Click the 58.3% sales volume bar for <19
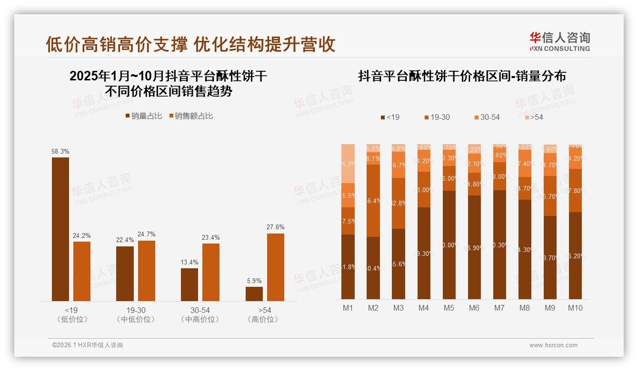click(x=60, y=229)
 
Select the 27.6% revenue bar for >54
click(x=275, y=267)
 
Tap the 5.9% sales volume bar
click(x=254, y=293)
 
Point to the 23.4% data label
click(x=211, y=237)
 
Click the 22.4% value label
click(x=125, y=240)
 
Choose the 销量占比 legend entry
click(x=144, y=116)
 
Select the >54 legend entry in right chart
click(x=534, y=117)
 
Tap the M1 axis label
click(x=348, y=308)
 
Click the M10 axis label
click(x=575, y=308)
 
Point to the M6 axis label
click(x=474, y=308)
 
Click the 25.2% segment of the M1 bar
click(x=348, y=164)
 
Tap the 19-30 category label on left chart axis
click(x=136, y=310)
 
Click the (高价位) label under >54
click(x=262, y=319)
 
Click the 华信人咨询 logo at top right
click(x=559, y=41)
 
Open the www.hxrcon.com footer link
click(x=553, y=345)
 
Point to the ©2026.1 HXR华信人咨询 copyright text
click(x=88, y=345)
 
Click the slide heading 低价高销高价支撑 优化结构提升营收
click(x=190, y=44)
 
